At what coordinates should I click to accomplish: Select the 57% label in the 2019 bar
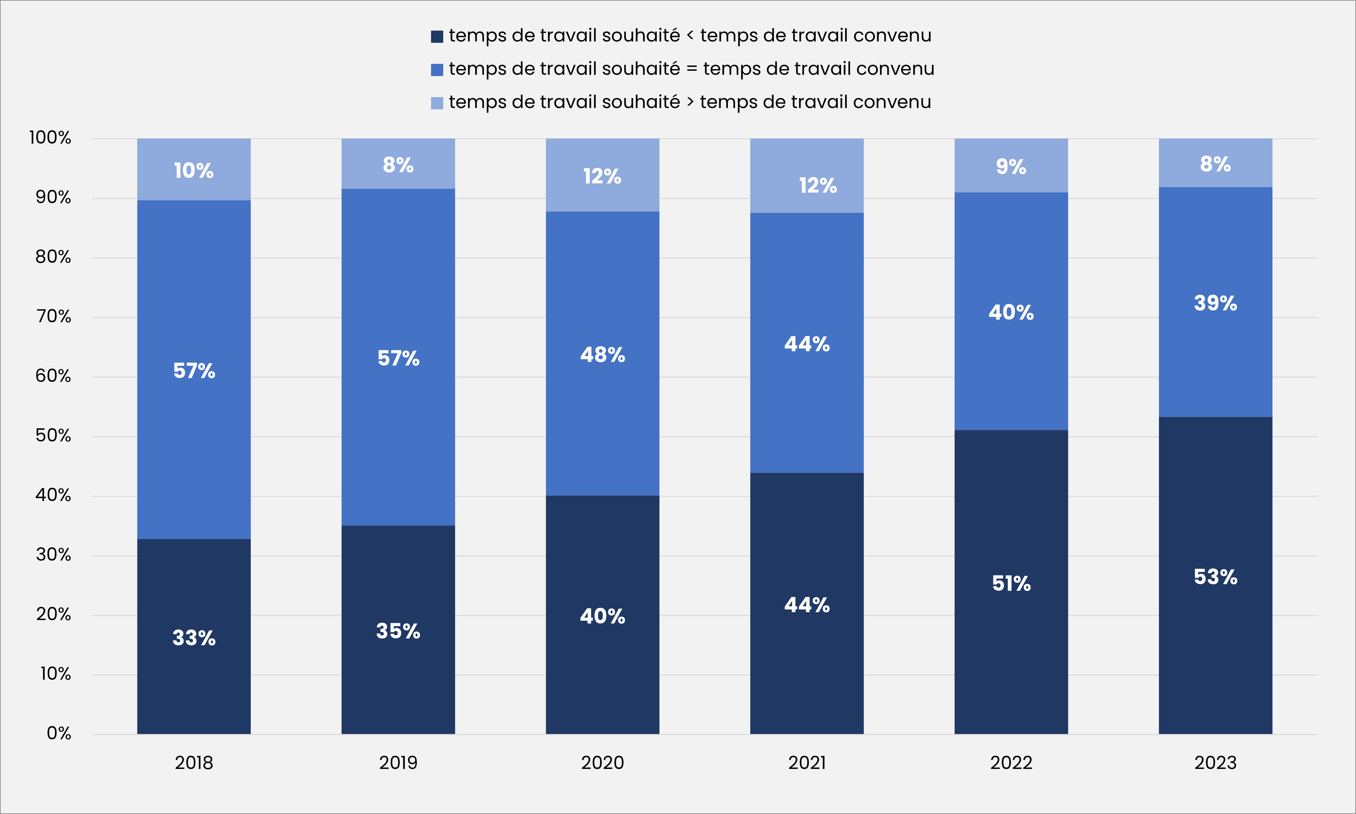[398, 358]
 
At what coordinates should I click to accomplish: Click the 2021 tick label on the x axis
[806, 762]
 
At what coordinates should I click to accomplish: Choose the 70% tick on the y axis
[54, 317]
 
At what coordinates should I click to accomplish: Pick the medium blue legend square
[437, 70]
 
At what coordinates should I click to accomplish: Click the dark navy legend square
[437, 36]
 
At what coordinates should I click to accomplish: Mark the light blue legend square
[437, 103]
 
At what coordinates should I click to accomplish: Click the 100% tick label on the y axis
[50, 138]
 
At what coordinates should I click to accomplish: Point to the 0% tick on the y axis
[59, 733]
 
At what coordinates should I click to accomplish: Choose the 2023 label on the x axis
[1215, 762]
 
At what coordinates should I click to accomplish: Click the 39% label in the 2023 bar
[1215, 303]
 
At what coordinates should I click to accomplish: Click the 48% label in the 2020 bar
[602, 355]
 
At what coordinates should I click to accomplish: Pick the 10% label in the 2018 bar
[193, 171]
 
